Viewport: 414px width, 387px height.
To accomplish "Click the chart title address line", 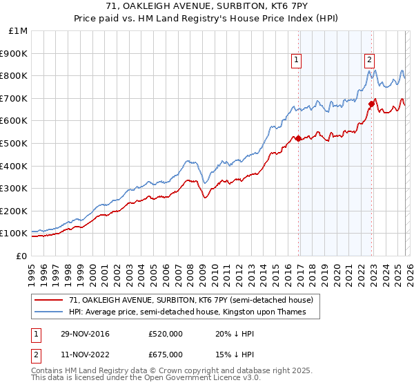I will [x=207, y=6].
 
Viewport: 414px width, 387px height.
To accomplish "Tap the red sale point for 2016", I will [x=299, y=139].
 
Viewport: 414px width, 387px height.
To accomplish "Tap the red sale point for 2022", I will [x=371, y=104].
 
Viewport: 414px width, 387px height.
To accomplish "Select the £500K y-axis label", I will [x=14, y=143].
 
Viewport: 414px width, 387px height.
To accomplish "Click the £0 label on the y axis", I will [x=21, y=256].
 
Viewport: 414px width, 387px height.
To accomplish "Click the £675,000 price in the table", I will [x=166, y=355].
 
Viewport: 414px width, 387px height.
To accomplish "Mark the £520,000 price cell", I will [x=166, y=334].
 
